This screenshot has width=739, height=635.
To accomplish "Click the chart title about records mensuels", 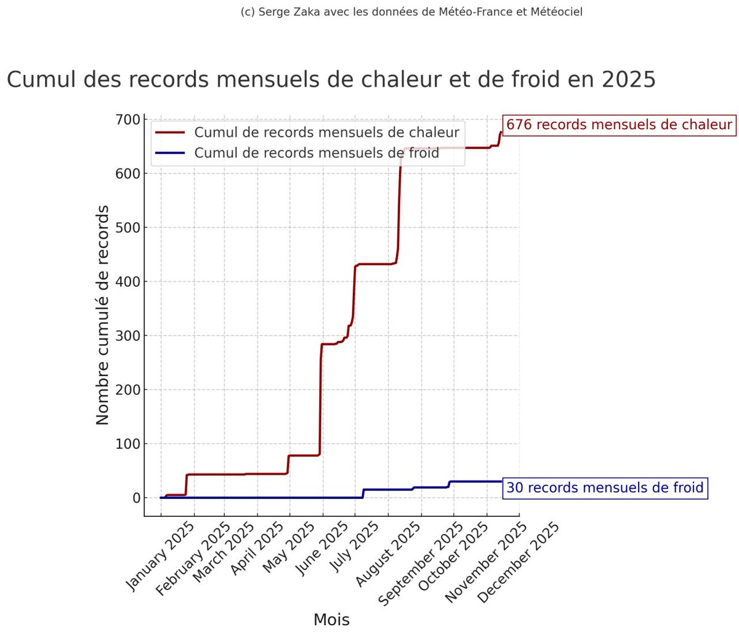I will pyautogui.click(x=331, y=80).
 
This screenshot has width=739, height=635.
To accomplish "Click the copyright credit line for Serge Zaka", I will pyautogui.click(x=411, y=12).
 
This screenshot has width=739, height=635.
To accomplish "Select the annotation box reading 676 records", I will pyautogui.click(x=619, y=125).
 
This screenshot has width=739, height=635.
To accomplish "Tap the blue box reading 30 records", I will pyautogui.click(x=605, y=488).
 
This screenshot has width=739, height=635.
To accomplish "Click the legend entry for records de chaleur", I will pyautogui.click(x=326, y=132).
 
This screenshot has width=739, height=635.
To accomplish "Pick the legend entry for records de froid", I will pyautogui.click(x=317, y=153).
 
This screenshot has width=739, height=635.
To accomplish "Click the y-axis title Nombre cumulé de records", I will pyautogui.click(x=103, y=315).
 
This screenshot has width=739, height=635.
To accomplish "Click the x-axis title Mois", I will pyautogui.click(x=331, y=620).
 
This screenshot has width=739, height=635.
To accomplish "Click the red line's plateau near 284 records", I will pyautogui.click(x=329, y=344).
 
